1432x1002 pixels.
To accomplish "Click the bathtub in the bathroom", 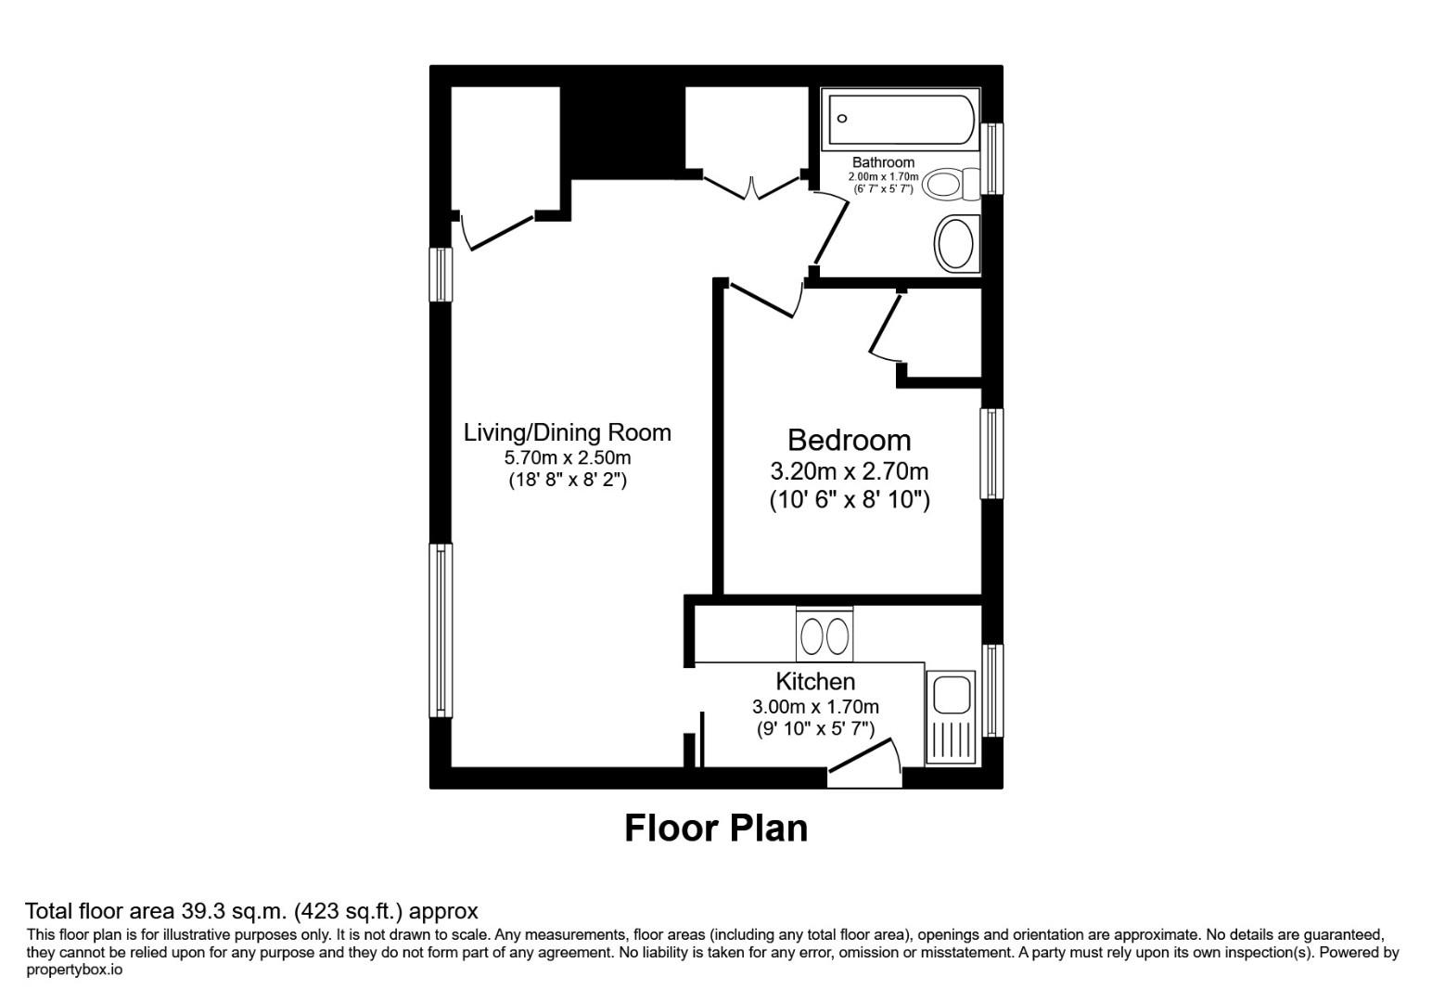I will (900, 118).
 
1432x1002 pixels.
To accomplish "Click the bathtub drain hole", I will (843, 119).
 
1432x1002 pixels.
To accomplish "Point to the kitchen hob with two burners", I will (825, 636).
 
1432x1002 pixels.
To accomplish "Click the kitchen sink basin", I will (951, 694).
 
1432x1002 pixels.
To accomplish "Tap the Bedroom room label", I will (849, 440).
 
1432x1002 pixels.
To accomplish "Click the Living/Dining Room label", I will (567, 432).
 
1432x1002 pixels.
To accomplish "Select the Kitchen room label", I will (815, 681).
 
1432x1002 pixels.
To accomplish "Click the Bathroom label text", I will (883, 162).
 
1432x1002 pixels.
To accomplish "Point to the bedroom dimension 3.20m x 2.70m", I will (849, 470).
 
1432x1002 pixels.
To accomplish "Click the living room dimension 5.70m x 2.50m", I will (567, 457).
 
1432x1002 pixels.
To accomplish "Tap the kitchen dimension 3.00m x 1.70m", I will (815, 707).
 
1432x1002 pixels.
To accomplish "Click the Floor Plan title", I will (715, 828).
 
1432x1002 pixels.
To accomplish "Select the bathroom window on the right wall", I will (992, 159).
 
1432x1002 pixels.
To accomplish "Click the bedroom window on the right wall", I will (992, 454).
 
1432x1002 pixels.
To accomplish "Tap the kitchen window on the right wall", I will (992, 690).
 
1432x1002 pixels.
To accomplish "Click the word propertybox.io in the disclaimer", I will (74, 970).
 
